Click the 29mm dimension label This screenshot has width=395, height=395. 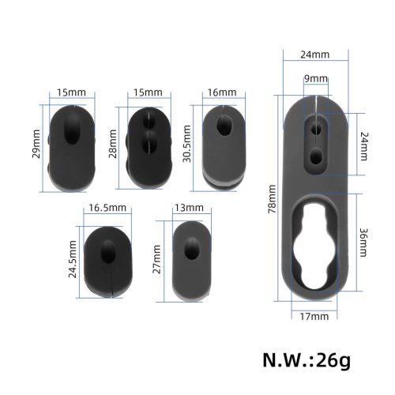[x=36, y=142]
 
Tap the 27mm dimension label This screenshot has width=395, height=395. [x=159, y=258]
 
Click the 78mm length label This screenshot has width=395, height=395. [x=272, y=197]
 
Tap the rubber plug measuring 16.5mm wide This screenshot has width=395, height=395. [x=107, y=254]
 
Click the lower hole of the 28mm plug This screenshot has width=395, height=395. [x=149, y=143]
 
